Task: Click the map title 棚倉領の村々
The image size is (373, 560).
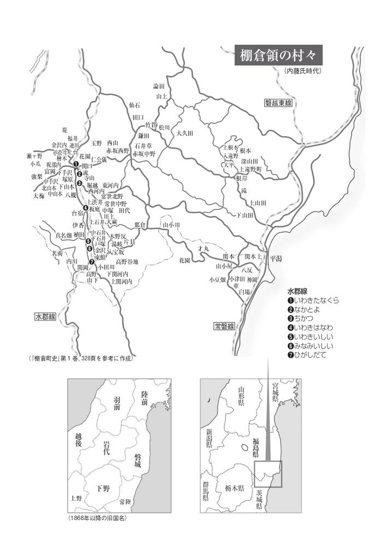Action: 278,56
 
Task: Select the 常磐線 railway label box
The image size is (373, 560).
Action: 224,326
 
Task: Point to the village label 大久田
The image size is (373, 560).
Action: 186,133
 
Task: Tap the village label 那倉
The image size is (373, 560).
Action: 140,225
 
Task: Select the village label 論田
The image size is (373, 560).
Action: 159,86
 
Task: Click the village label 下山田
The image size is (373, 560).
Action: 244,215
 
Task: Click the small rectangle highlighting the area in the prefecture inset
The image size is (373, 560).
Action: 268,474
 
